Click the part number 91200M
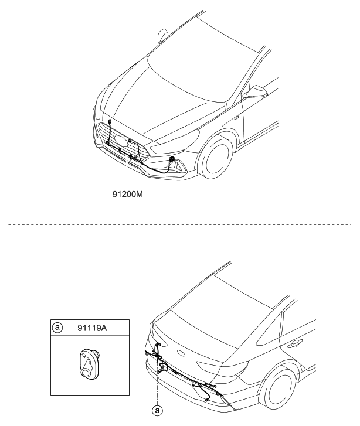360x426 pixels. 127,193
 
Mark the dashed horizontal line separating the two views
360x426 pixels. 176,224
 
